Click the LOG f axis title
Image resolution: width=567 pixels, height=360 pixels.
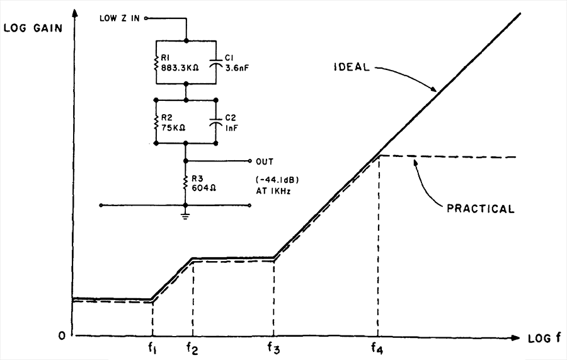pyautogui.click(x=545, y=339)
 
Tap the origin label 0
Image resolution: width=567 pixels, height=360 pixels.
pyautogui.click(x=62, y=336)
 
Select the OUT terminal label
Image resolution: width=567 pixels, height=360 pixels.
pyautogui.click(x=265, y=161)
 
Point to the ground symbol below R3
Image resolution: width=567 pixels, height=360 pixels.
pyautogui.click(x=185, y=216)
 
